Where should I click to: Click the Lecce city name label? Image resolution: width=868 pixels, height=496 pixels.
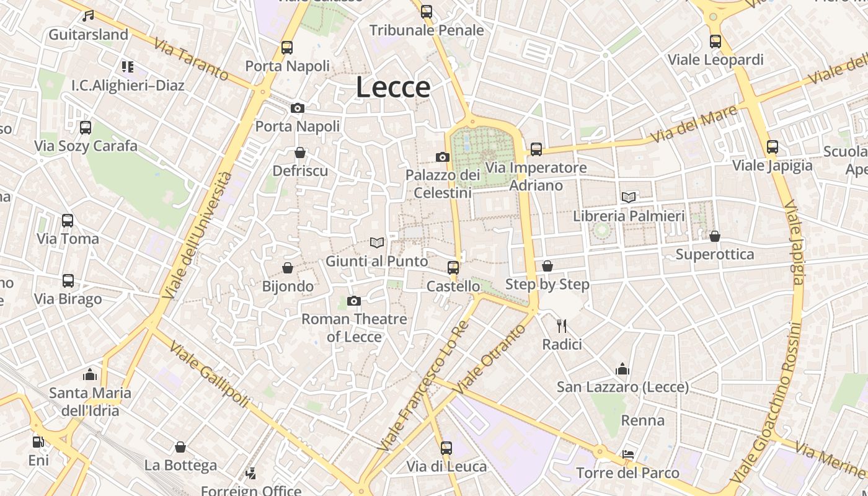pos(393,87)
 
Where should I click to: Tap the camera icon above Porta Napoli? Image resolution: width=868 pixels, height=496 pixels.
pos(298,108)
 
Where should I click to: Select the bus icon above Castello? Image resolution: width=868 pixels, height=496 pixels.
pos(453,268)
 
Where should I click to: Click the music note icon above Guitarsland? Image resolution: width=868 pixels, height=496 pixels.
pos(88,16)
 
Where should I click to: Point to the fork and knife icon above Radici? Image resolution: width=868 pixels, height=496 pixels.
pos(562,325)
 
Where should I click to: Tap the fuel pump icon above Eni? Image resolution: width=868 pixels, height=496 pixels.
pos(38,442)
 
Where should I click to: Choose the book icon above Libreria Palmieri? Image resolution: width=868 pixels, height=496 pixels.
pos(629,198)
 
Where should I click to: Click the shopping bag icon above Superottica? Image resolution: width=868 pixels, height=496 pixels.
pos(715,236)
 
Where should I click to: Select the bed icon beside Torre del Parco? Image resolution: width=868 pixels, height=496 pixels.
pos(628,454)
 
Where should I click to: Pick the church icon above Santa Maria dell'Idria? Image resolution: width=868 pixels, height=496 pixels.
pos(90,374)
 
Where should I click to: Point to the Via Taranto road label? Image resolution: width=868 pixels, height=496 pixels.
pos(191,60)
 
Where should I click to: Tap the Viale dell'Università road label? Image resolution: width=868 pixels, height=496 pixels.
pos(200,234)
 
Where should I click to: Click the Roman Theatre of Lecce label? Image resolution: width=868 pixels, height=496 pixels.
pos(354,328)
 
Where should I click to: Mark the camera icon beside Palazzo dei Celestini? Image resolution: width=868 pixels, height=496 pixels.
pos(442,157)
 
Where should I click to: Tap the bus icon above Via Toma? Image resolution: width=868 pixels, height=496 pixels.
pos(68,221)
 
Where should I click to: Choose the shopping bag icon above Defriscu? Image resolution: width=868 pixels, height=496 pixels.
pos(300,153)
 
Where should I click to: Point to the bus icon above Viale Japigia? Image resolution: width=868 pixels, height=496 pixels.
pos(772,147)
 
